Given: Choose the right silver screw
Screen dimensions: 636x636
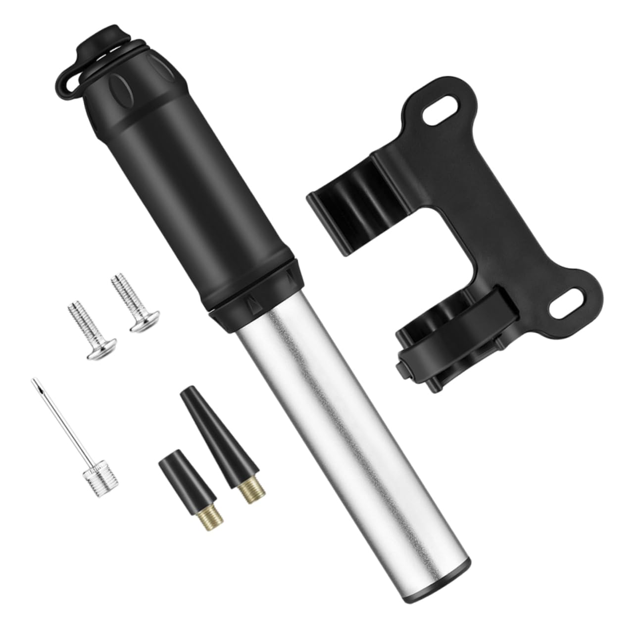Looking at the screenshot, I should (128, 304).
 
